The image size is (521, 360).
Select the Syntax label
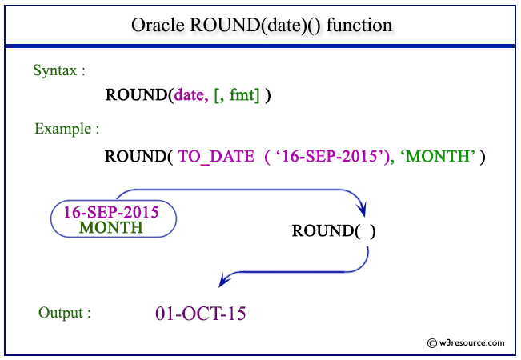click(x=59, y=70)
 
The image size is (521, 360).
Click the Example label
click(x=66, y=128)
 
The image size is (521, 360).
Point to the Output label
click(x=65, y=312)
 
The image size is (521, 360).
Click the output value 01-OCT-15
click(x=201, y=313)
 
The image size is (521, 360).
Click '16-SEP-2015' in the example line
click(x=331, y=156)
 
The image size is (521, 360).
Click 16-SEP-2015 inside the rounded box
click(x=111, y=213)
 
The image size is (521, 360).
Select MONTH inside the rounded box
click(x=111, y=227)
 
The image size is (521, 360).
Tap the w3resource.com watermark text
click(x=473, y=342)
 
